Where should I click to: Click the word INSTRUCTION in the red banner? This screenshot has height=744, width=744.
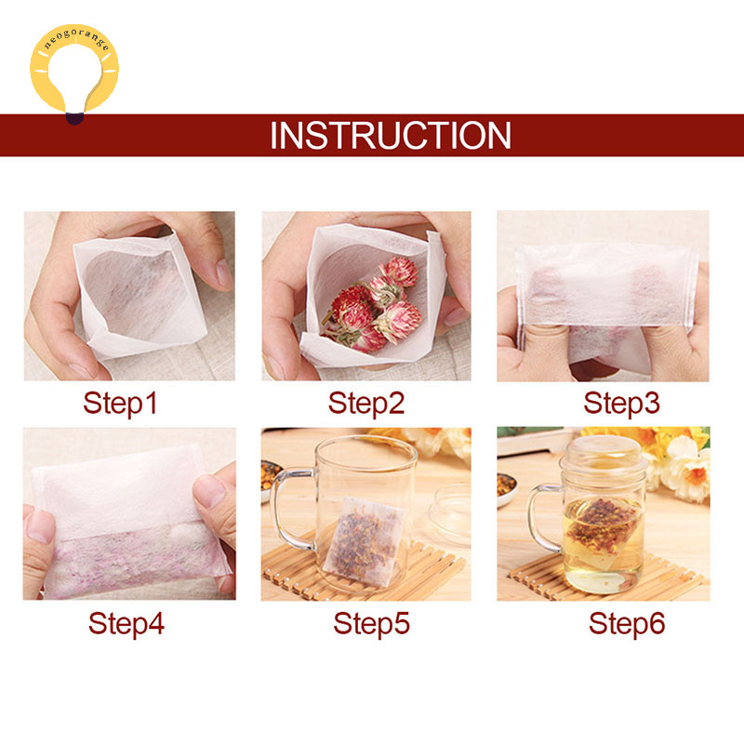click(x=390, y=135)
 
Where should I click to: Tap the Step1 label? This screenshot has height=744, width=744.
click(x=120, y=404)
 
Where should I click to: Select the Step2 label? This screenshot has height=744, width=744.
click(x=366, y=404)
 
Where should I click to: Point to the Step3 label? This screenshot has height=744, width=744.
click(x=621, y=404)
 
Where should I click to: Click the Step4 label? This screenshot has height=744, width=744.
click(x=126, y=623)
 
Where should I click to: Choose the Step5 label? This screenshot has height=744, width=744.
click(x=371, y=623)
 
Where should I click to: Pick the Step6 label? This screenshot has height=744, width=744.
click(x=627, y=623)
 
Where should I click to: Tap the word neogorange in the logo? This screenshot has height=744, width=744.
click(x=76, y=38)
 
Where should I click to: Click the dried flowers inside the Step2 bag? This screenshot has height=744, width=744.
click(x=374, y=304)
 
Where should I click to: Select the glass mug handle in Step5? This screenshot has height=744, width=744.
click(x=289, y=508)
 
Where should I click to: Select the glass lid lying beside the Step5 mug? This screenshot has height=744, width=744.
click(x=450, y=511)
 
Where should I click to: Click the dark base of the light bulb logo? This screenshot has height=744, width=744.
click(x=74, y=119)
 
